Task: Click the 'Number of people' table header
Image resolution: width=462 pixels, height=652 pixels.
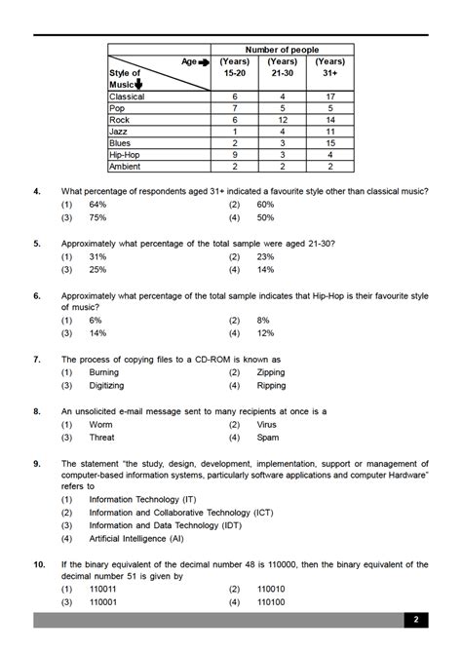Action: pyautogui.click(x=282, y=50)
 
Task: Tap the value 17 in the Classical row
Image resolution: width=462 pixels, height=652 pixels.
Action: pyautogui.click(x=330, y=96)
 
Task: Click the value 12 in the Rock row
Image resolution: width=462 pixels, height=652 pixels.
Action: pyautogui.click(x=283, y=119)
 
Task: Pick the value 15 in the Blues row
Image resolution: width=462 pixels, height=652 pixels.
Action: pyautogui.click(x=330, y=142)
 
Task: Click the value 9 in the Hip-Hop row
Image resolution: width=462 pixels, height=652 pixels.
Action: pyautogui.click(x=235, y=154)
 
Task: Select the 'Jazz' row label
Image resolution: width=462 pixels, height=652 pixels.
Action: pyautogui.click(x=120, y=131)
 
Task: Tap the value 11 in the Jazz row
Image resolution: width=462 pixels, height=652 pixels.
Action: pyautogui.click(x=330, y=131)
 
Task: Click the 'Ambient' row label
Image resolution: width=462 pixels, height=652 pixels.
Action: pyautogui.click(x=126, y=166)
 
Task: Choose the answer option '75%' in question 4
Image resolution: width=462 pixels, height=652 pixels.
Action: pyautogui.click(x=97, y=218)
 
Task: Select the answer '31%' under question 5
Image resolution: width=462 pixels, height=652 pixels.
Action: pyautogui.click(x=97, y=256)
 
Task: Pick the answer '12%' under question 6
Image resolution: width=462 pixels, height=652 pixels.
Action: pyautogui.click(x=265, y=332)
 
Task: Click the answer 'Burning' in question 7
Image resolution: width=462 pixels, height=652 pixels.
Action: pyautogui.click(x=104, y=372)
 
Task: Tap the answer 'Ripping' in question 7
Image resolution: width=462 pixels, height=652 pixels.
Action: pyautogui.click(x=272, y=385)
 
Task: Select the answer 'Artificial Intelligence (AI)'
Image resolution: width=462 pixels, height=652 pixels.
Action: pyautogui.click(x=140, y=537)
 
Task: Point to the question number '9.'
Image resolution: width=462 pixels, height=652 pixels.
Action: pyautogui.click(x=37, y=463)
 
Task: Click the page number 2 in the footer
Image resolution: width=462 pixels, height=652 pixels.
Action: pyautogui.click(x=415, y=620)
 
